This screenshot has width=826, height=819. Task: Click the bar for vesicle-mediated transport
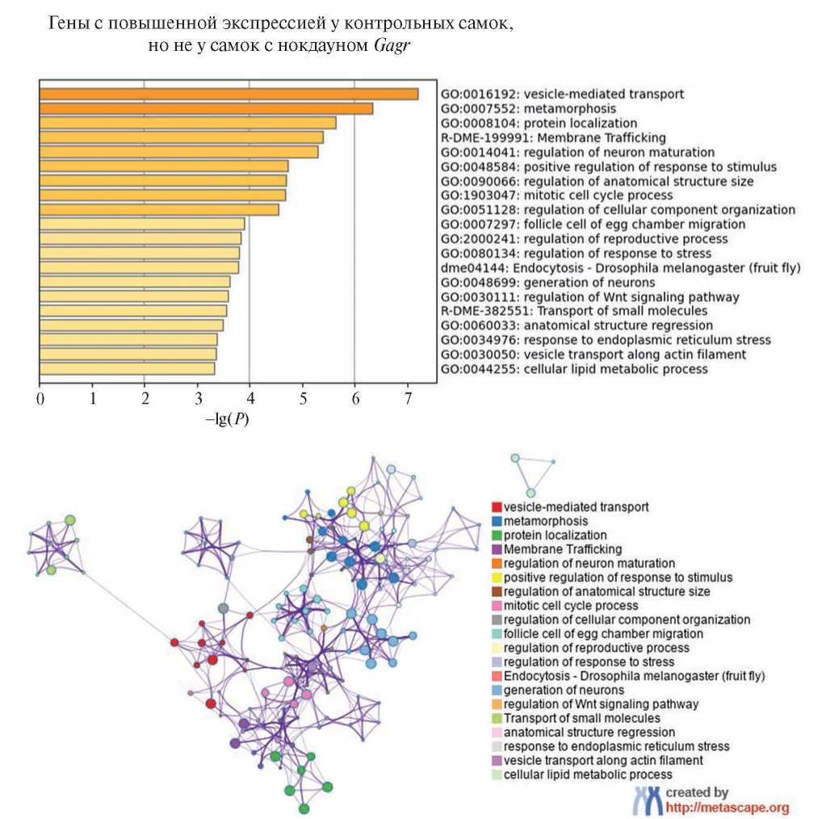coord(229,94)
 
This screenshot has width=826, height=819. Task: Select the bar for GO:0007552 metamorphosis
coord(206,108)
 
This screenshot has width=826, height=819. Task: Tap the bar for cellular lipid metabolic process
coord(127,369)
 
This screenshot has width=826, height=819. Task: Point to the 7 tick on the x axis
coord(408,398)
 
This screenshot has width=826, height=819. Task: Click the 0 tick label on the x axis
coord(40,398)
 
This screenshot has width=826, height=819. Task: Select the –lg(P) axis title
coord(227,421)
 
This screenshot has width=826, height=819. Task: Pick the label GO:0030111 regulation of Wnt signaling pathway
coord(589,296)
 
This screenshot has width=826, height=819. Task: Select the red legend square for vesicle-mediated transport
coord(496,507)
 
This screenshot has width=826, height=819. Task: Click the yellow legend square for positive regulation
coord(496,577)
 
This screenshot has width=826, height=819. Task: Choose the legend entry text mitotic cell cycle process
coord(571,606)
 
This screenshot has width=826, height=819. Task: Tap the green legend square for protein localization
coord(496,535)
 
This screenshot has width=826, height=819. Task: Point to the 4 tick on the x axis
coord(249,398)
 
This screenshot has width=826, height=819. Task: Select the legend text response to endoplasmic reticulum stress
coord(616,746)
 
